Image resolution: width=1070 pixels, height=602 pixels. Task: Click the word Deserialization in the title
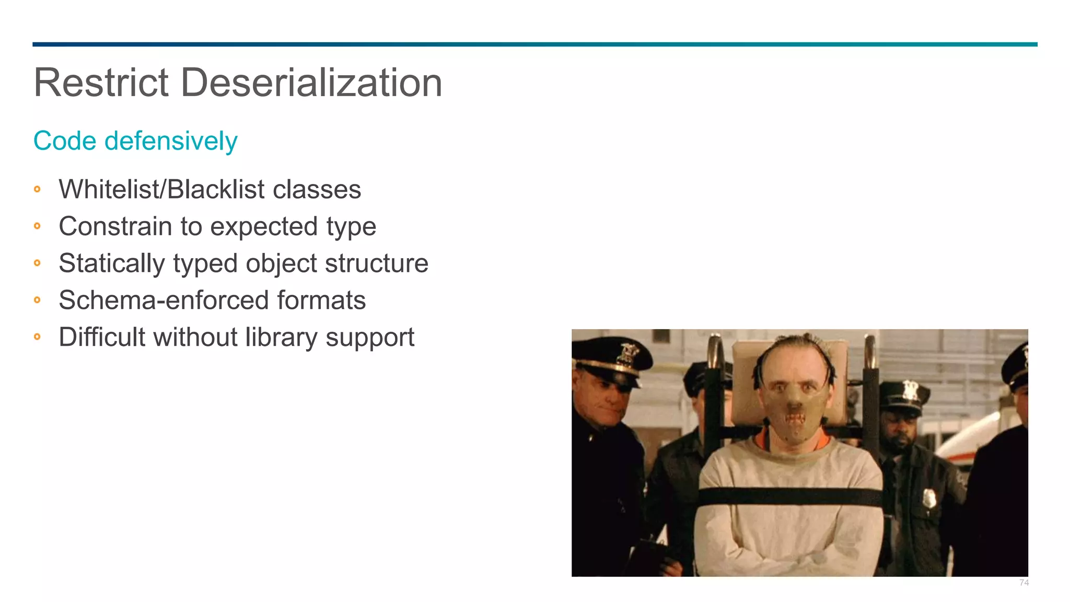[311, 83]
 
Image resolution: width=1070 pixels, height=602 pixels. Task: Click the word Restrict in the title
[101, 83]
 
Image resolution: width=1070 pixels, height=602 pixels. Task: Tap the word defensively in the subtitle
[171, 141]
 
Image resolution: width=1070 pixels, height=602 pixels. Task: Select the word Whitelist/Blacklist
[161, 189]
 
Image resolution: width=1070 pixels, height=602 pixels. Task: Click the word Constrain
[115, 226]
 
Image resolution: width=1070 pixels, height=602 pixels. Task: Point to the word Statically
[112, 263]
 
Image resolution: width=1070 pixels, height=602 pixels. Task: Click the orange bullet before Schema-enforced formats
[37, 300]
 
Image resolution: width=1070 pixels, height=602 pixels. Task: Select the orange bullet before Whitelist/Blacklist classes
[37, 189]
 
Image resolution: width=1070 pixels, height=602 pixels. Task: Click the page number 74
[1024, 583]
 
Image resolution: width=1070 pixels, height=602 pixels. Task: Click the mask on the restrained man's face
[794, 413]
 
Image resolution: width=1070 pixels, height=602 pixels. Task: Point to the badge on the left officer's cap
[626, 353]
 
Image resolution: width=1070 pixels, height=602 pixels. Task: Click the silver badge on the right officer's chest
[928, 498]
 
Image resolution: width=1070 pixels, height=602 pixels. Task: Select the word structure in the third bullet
[376, 263]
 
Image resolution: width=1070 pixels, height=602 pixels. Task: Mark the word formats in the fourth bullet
[321, 300]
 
